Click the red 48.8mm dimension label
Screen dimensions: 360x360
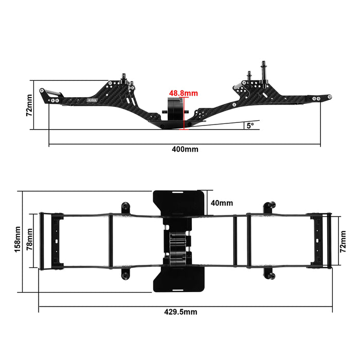pos(184,93)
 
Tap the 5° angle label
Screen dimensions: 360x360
pos(250,125)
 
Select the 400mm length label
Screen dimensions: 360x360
pos(185,149)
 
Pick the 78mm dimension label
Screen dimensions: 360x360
pos(30,241)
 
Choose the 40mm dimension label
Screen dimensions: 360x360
pos(222,203)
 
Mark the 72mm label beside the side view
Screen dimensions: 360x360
pos(29,105)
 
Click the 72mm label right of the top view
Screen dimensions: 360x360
pos(342,241)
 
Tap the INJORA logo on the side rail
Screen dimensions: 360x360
pos(83,99)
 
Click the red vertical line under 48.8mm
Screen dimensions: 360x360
pos(183,113)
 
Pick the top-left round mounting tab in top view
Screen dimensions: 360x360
pos(124,208)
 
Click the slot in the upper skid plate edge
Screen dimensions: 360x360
pos(179,192)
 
